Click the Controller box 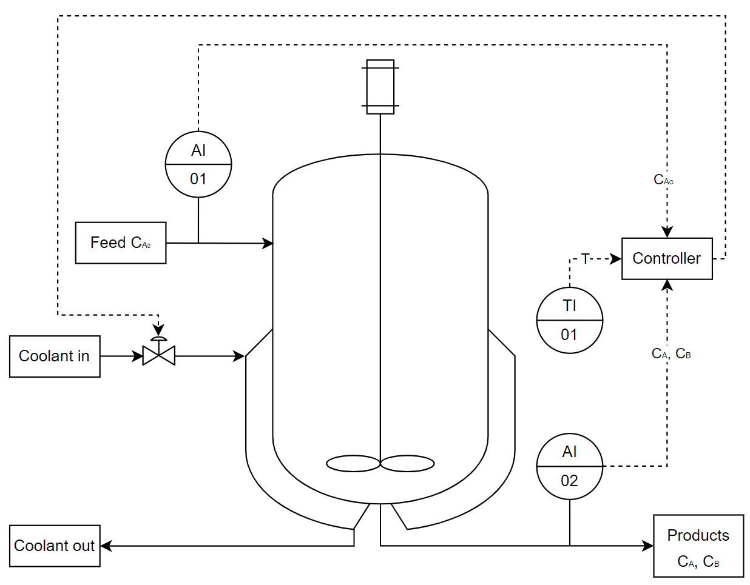click(x=666, y=258)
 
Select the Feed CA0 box click(x=120, y=242)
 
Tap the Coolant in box click(x=55, y=356)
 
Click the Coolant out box click(x=55, y=546)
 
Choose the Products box click(x=698, y=546)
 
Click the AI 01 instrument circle click(x=198, y=164)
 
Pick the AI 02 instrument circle click(x=569, y=466)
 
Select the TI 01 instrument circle click(x=569, y=319)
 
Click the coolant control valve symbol click(x=158, y=355)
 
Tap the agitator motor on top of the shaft click(x=380, y=87)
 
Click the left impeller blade click(x=353, y=464)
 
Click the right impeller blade click(x=407, y=464)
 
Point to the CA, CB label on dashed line click(x=671, y=353)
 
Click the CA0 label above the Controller click(x=663, y=179)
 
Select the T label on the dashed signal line click(x=585, y=259)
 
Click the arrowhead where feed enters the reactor click(x=268, y=243)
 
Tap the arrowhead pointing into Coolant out click(x=106, y=546)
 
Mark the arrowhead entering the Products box click(x=648, y=546)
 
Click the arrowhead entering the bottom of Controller click(x=667, y=285)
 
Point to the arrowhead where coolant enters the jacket click(x=239, y=356)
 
